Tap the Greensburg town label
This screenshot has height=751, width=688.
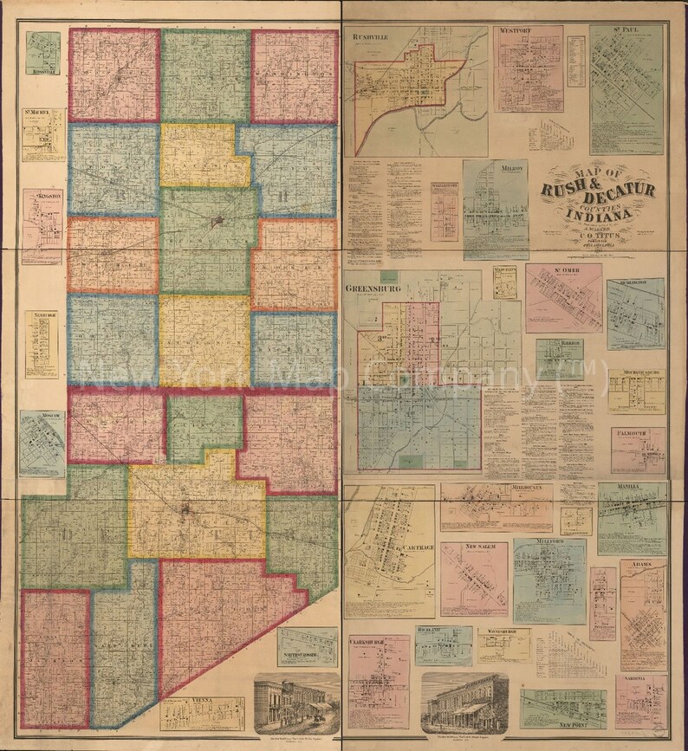point(373,290)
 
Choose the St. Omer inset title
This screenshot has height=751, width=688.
point(560,272)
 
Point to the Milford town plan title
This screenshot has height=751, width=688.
point(549,541)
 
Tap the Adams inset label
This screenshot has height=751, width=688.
point(640,564)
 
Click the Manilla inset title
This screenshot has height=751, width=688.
point(626,487)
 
